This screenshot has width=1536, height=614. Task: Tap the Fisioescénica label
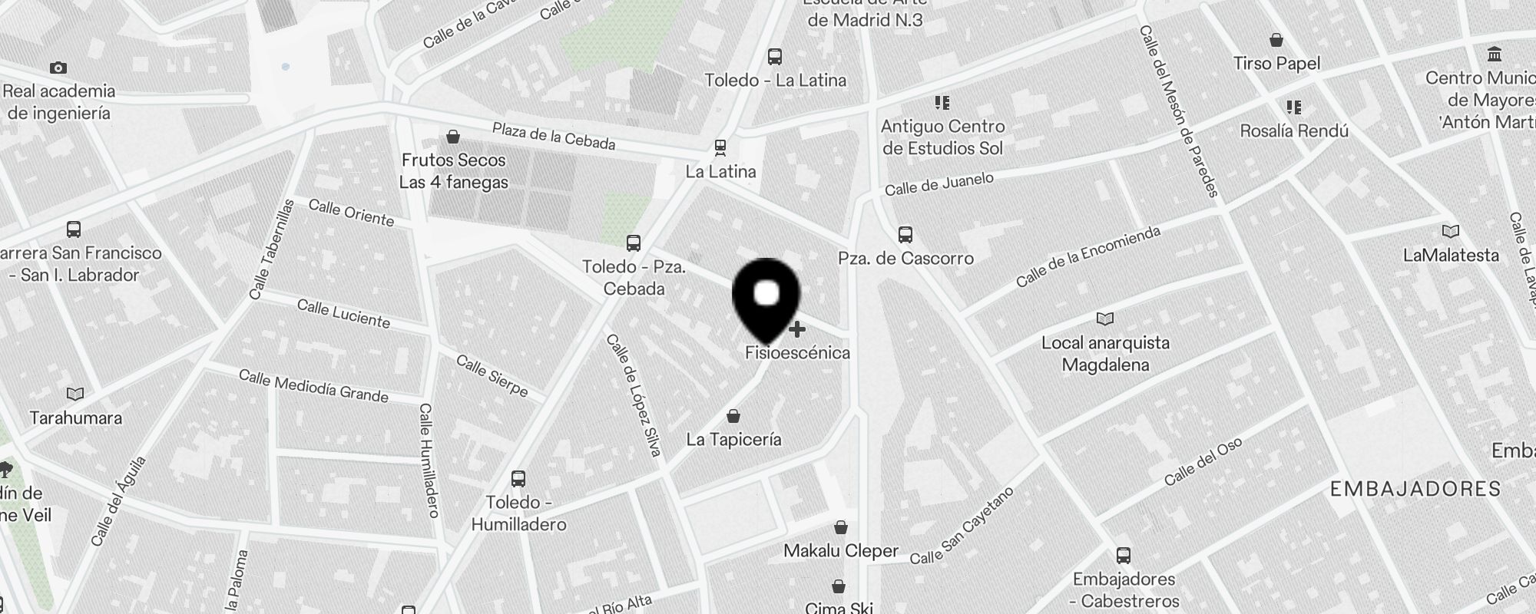point(797,353)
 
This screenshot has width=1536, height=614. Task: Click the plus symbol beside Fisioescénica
point(797,329)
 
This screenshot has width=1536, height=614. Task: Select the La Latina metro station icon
point(720,147)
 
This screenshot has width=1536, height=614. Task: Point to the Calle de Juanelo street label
point(938,184)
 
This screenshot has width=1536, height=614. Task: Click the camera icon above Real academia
point(58,68)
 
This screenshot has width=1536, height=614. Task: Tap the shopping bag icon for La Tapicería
point(733,417)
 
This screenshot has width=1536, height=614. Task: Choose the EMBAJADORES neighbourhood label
point(1415,489)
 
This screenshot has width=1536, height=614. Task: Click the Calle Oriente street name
point(351,213)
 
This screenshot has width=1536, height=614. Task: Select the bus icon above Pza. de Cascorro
point(905,235)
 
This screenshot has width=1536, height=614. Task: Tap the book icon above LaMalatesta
point(1450,232)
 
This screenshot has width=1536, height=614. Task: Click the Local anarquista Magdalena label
point(1105,354)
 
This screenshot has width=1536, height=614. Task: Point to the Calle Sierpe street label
point(492,375)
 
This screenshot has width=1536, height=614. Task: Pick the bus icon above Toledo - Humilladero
point(518,479)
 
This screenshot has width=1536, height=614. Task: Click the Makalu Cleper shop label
point(841,551)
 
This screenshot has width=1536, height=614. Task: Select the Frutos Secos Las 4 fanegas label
point(453,171)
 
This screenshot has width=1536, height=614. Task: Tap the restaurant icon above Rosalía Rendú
point(1294,107)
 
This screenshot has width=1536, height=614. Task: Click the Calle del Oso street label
point(1203,462)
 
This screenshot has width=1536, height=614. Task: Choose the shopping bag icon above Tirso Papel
point(1276,40)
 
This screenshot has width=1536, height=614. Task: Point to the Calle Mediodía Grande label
point(313,386)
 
